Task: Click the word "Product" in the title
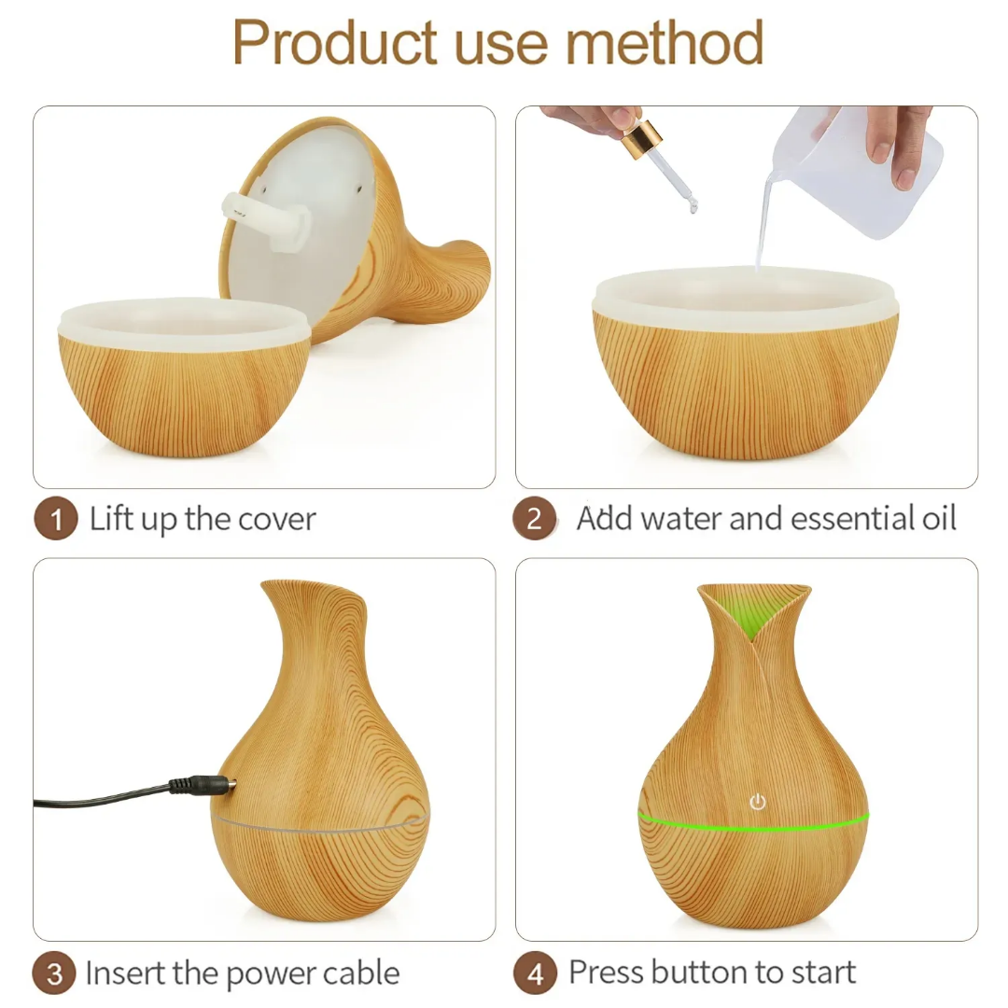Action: (334, 43)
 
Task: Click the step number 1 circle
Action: (55, 520)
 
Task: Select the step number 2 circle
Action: (534, 520)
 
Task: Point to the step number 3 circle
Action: (55, 974)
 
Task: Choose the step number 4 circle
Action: (534, 974)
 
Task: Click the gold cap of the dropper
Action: (642, 139)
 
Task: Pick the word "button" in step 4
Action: (692, 973)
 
